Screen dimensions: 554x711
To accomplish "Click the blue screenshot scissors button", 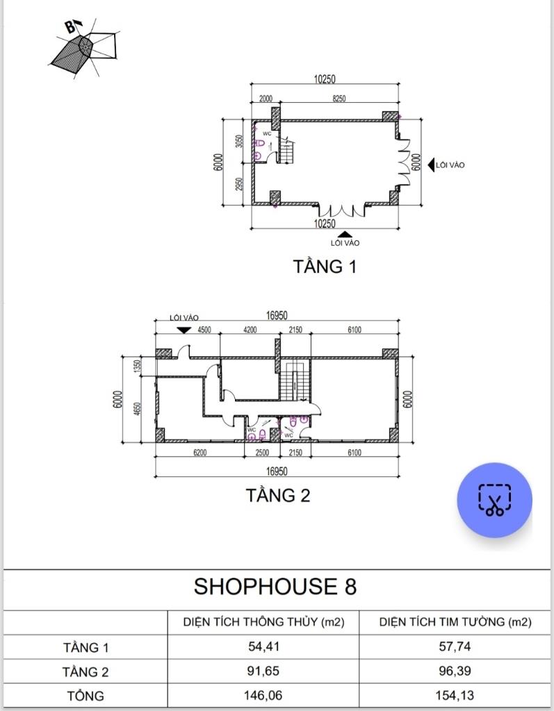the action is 494,500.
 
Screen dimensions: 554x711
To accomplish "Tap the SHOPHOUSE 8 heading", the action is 275,586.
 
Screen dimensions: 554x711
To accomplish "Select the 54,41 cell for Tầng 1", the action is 263,646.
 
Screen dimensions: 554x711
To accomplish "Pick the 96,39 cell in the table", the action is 455,671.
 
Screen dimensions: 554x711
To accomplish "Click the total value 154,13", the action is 455,695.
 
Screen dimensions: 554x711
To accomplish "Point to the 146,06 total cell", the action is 263,695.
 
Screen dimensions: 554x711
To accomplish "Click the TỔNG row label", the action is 85,696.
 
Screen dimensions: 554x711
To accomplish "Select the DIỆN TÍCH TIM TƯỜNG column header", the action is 455,621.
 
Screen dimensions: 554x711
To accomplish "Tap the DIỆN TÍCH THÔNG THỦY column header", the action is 264,621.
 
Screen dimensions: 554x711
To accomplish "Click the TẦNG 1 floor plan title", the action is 325,266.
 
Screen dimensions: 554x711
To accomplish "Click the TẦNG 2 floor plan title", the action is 278,494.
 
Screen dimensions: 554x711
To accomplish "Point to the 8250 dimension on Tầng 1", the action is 339,99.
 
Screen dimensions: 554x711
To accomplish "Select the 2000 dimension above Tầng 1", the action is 266,99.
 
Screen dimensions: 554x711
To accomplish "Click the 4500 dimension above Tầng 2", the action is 204,330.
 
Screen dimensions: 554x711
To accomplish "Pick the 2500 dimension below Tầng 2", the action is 262,452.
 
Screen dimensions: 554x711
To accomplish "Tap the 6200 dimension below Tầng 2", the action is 199,452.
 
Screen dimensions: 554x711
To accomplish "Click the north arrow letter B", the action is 70,27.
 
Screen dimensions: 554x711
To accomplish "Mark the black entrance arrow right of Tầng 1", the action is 431,165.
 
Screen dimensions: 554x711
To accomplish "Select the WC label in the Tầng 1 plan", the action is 267,134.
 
